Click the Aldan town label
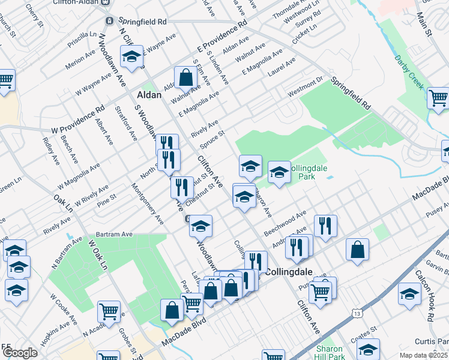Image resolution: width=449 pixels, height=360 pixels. [149, 95]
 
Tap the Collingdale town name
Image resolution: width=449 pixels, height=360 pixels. [288, 271]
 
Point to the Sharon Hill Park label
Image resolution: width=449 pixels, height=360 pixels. [330, 353]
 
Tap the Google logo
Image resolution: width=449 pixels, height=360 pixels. [19, 353]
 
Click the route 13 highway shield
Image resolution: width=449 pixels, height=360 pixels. [357, 314]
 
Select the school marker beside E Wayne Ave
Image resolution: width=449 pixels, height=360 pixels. [131, 57]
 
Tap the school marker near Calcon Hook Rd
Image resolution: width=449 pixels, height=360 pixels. [409, 295]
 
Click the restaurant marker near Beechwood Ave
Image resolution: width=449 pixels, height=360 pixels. [325, 226]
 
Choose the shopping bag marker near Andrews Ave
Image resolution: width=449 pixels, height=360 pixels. [357, 251]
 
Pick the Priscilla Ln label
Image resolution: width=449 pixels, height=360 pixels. [82, 43]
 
